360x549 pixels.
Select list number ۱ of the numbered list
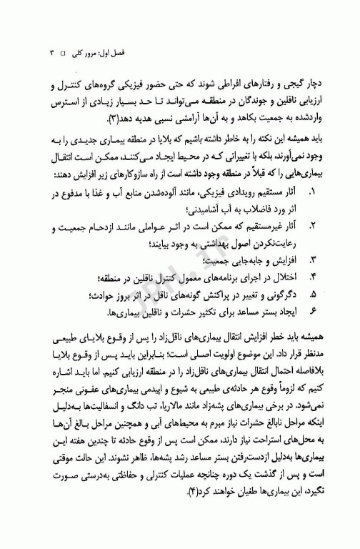(x=312, y=192)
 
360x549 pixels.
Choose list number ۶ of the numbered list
(x=312, y=312)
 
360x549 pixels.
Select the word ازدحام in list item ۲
(x=117, y=227)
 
